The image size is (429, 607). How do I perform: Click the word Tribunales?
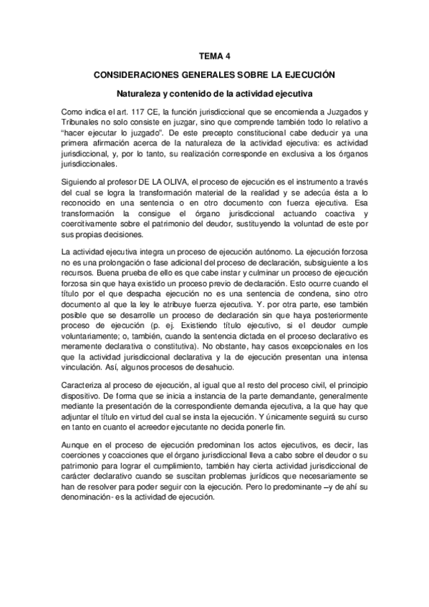tap(84, 122)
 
